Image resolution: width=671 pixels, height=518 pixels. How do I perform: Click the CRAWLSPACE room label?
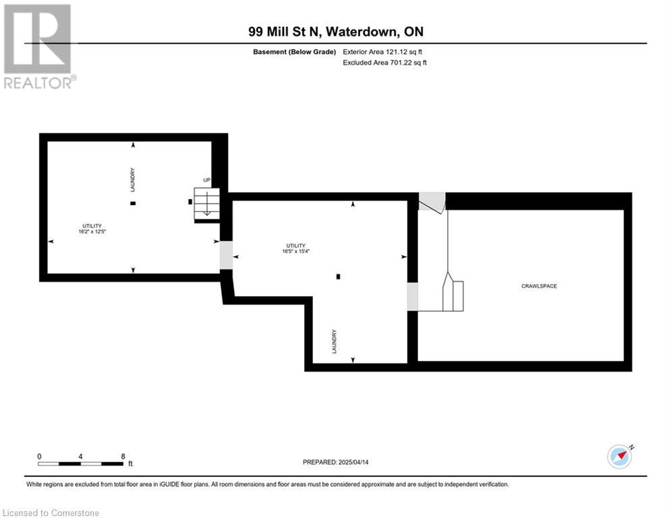tap(539, 286)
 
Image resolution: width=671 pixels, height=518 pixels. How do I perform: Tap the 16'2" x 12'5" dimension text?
tap(92, 231)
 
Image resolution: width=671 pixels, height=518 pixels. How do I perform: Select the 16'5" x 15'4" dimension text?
tap(295, 252)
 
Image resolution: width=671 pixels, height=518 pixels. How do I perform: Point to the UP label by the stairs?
tap(206, 180)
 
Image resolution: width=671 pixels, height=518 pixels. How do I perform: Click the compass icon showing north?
tap(620, 457)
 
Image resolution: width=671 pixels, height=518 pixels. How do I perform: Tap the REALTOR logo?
tap(38, 47)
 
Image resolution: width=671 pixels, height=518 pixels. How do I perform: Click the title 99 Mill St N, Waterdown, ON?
tap(336, 32)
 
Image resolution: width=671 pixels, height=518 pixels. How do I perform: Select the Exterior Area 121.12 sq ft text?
tap(382, 52)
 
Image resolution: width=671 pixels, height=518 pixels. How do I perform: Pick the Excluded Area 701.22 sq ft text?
tap(384, 63)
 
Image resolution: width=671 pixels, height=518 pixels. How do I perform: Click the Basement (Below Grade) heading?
tap(295, 52)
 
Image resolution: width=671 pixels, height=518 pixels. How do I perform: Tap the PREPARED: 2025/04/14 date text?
tap(336, 462)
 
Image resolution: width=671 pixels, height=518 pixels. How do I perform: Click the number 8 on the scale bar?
tap(123, 457)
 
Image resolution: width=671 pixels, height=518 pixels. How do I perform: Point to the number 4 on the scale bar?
tap(80, 457)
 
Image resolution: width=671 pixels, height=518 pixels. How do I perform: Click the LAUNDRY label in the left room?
tap(133, 180)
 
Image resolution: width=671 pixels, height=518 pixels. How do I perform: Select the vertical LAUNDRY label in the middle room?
tap(334, 341)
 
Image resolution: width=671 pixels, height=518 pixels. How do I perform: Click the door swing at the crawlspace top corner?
tap(432, 202)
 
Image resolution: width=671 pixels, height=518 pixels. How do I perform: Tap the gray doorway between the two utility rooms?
tap(227, 255)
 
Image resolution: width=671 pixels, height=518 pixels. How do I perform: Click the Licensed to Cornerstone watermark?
tap(51, 513)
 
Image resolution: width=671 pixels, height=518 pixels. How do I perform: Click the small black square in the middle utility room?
tap(338, 277)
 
